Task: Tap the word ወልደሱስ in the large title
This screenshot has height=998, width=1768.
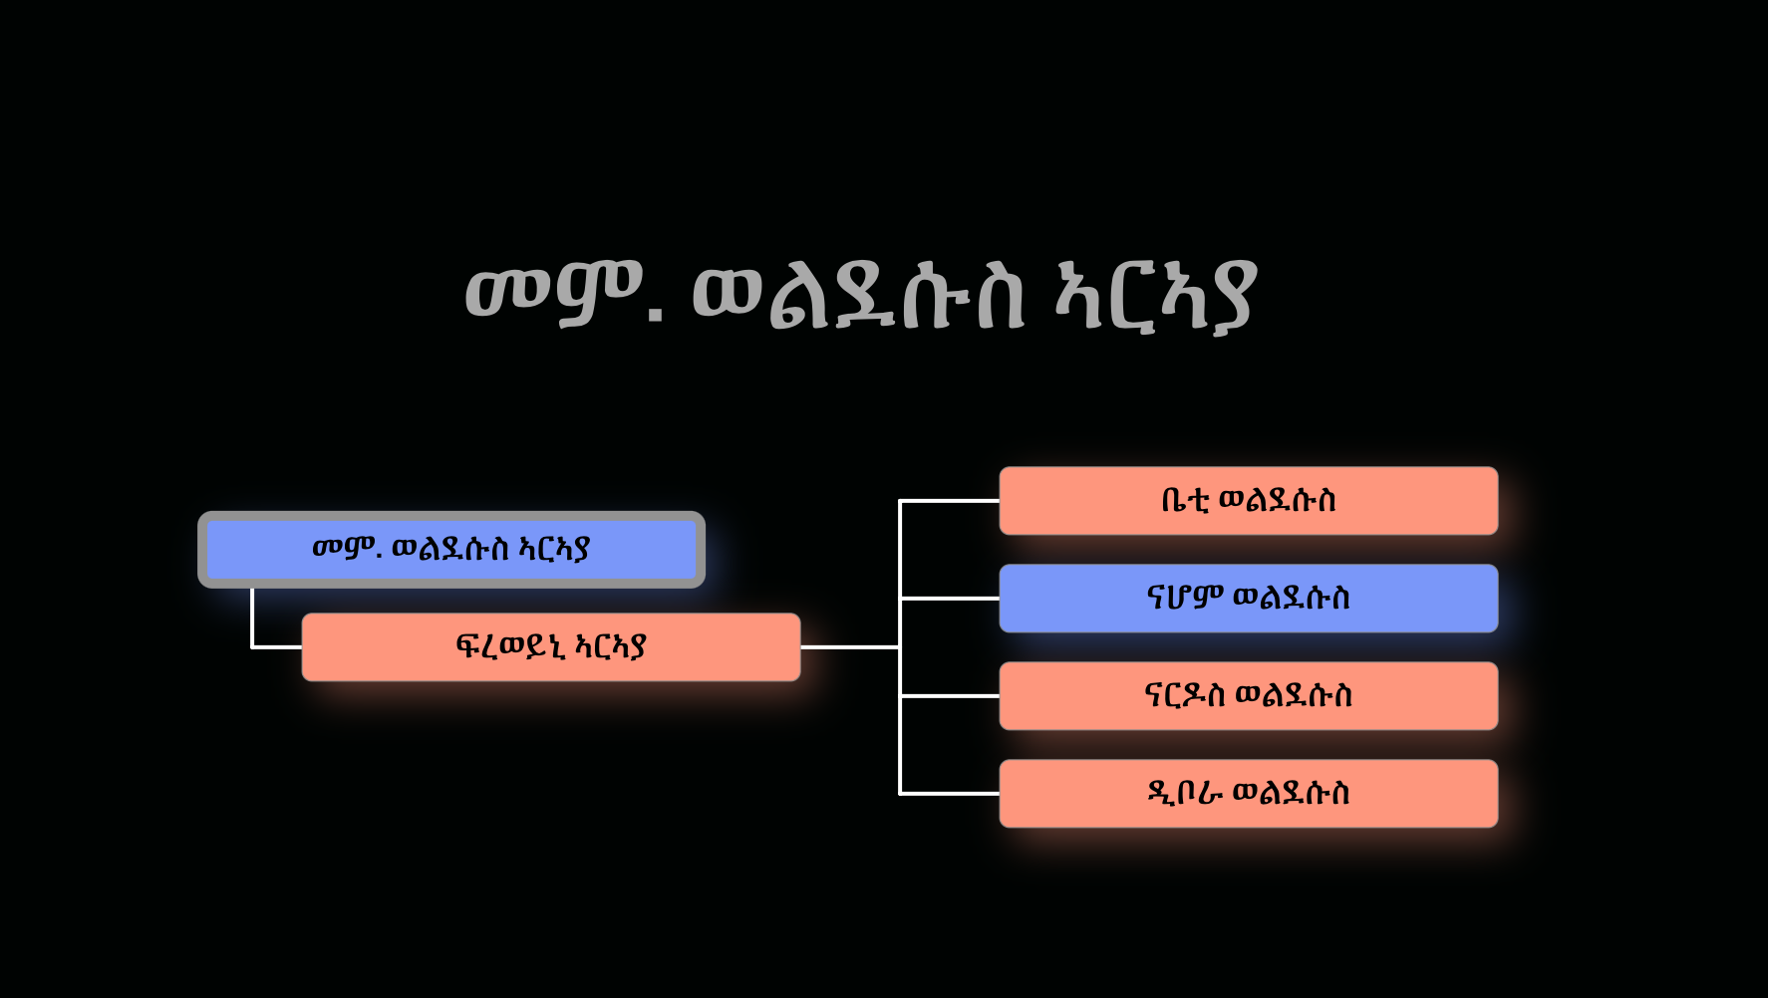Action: click(858, 296)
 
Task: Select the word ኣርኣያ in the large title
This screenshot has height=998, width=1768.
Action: click(1156, 296)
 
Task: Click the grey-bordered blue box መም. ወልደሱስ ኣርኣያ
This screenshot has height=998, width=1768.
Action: click(451, 550)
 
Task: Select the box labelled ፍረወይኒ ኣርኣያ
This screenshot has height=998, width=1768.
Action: click(551, 647)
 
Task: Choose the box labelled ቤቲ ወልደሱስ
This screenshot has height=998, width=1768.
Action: click(1249, 501)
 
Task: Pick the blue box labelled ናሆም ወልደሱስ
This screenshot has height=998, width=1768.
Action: click(1249, 599)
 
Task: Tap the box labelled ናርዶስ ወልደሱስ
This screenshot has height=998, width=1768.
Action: click(1249, 696)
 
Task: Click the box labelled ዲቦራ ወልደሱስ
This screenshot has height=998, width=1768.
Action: click(1249, 794)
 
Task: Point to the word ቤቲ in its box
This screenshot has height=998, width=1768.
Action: click(1185, 500)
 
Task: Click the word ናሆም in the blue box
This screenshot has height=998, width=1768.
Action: click(1185, 598)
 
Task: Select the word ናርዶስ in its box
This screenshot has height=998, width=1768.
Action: click(1185, 695)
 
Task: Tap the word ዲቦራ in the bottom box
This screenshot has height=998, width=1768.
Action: click(1185, 793)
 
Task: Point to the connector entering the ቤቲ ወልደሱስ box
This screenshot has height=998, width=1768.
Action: click(949, 501)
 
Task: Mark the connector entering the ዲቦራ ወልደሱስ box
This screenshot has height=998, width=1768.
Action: click(949, 794)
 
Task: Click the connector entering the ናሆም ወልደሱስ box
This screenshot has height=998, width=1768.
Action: click(949, 599)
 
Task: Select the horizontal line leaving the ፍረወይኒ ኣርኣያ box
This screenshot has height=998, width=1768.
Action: click(849, 647)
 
